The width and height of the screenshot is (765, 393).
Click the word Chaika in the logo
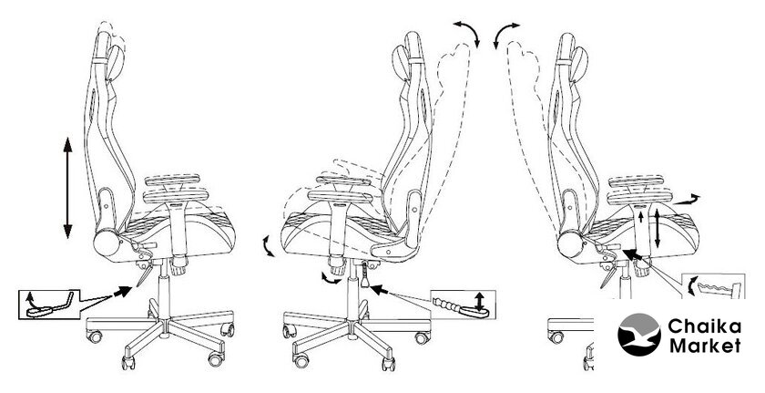[x=705, y=326]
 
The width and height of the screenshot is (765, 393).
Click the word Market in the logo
[x=705, y=346]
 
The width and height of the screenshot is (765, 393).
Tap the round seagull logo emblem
[x=639, y=335]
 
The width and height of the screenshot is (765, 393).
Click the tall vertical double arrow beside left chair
[x=67, y=188]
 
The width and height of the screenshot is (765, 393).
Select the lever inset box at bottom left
[x=49, y=305]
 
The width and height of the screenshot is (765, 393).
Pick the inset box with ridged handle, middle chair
[x=463, y=305]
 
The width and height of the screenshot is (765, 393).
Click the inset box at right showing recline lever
[x=713, y=286]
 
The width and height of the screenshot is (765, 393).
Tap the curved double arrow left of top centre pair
[x=467, y=33]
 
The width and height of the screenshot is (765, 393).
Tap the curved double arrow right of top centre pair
[x=505, y=34]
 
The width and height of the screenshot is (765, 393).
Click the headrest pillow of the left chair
[x=116, y=63]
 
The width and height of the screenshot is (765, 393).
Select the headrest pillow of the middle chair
[x=401, y=63]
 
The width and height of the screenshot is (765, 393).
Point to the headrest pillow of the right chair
[x=578, y=64]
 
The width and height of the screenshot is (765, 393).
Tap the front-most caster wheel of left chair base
[x=127, y=362]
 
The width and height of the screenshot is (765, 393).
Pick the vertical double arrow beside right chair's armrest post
[x=658, y=227]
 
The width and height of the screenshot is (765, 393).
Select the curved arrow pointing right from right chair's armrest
[x=687, y=199]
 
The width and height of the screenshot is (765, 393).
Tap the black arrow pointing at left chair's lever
[x=122, y=292]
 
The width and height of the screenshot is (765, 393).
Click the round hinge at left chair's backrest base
[x=107, y=243]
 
